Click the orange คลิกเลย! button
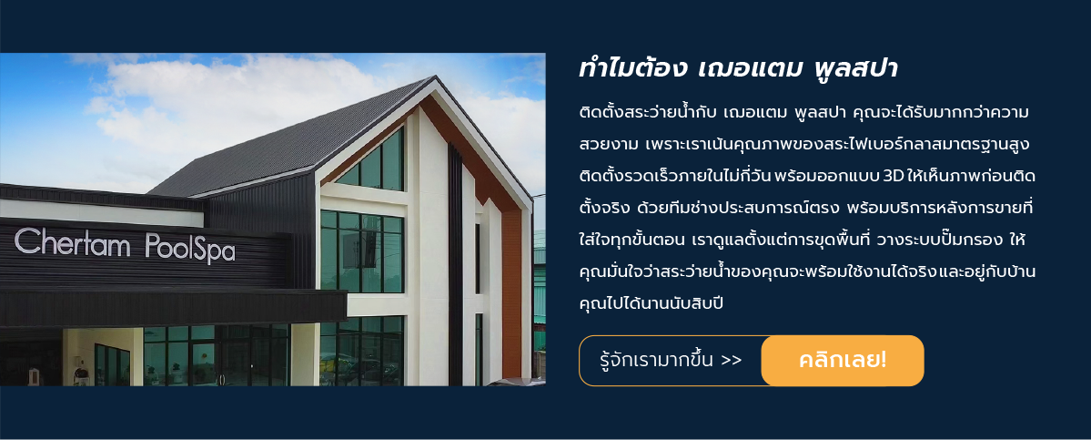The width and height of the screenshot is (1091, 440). click(x=843, y=361)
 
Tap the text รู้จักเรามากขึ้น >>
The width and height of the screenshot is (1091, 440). click(x=671, y=361)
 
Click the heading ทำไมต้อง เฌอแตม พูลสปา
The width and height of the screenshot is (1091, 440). click(x=738, y=69)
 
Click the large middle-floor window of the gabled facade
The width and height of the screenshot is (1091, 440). click(x=362, y=251)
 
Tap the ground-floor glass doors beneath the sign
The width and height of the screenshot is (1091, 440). click(x=216, y=355)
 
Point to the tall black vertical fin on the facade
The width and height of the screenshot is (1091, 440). click(x=455, y=263)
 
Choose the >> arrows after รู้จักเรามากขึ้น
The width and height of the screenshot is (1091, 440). click(x=732, y=362)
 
